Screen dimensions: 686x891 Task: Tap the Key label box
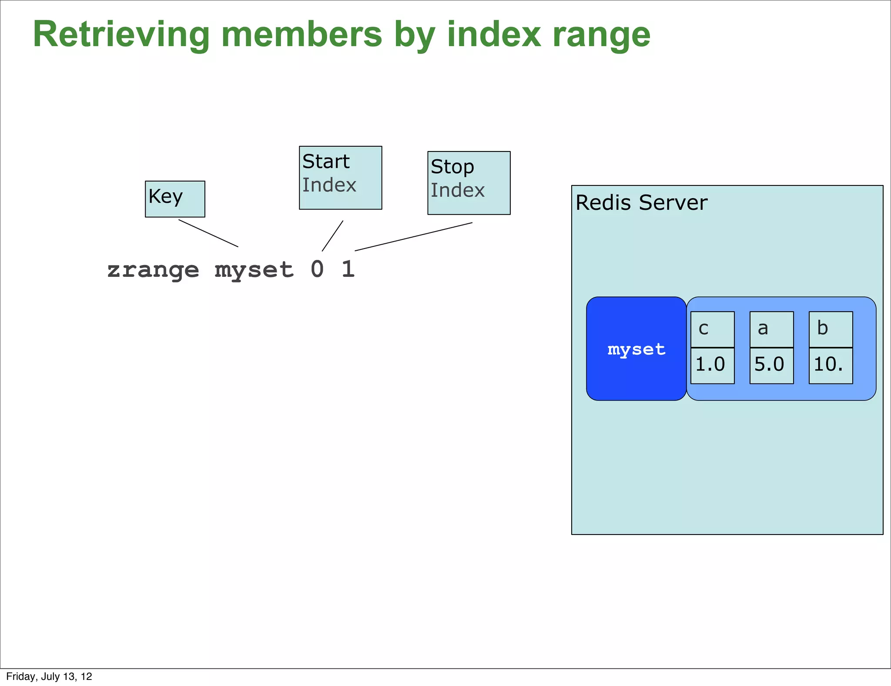coord(175,199)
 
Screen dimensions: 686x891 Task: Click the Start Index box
coord(340,178)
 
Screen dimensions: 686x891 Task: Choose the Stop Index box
coord(469,183)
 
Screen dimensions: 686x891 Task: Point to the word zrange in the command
coord(153,270)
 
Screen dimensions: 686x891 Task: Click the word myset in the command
coord(254,270)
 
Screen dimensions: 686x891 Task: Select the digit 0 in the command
coord(317,269)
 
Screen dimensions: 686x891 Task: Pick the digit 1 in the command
coord(348,269)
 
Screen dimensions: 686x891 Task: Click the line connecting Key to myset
coord(208,233)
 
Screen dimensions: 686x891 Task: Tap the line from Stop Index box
coord(413,237)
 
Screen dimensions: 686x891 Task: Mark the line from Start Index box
coord(332,236)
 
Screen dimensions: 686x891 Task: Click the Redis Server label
coord(641,203)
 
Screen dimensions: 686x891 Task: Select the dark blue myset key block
coord(636,349)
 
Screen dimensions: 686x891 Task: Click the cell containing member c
coord(712,329)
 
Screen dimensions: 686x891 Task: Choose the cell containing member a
coord(771,329)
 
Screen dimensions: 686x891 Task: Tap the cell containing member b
coord(831,329)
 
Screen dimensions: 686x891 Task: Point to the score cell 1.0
coord(712,365)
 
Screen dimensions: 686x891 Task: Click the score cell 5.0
coord(771,365)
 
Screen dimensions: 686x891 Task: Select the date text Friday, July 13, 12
coord(49,676)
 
